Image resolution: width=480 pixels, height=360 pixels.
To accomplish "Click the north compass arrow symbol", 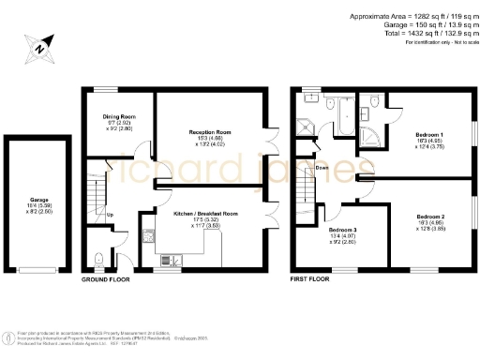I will [39, 44].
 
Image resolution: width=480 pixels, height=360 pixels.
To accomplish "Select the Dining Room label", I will [120, 117].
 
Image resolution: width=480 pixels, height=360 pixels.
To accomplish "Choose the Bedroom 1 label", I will [429, 135].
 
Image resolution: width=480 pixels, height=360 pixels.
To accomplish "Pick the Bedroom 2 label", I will [430, 216].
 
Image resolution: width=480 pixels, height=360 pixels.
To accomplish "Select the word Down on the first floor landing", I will [322, 168].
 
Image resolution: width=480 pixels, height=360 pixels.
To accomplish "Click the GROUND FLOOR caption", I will [105, 280].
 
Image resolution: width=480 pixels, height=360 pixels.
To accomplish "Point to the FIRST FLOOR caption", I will [312, 280].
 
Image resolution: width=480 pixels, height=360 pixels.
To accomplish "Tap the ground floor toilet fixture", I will [101, 259].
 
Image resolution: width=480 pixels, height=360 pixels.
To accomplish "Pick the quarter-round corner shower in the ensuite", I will [375, 137].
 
